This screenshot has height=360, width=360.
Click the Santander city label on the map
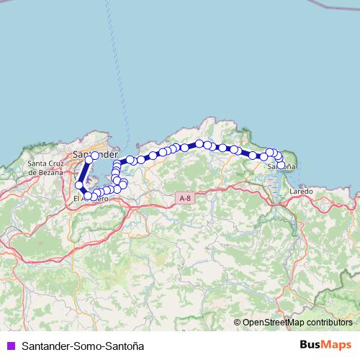pyautogui.click(x=94, y=154)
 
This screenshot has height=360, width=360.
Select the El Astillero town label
pyautogui.click(x=91, y=199)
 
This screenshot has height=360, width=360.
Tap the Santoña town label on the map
pyautogui.click(x=281, y=166)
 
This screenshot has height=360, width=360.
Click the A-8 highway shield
pyautogui.click(x=185, y=197)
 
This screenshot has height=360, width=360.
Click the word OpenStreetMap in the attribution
pyautogui.click(x=274, y=322)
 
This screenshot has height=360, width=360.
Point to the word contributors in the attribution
pyautogui.click(x=328, y=322)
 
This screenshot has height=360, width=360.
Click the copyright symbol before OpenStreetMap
pyautogui.click(x=237, y=322)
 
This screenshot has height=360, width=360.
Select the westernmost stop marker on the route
pyautogui.click(x=79, y=185)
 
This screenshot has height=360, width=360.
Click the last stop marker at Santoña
pyautogui.click(x=281, y=165)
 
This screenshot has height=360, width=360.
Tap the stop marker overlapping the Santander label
pyautogui.click(x=95, y=156)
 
